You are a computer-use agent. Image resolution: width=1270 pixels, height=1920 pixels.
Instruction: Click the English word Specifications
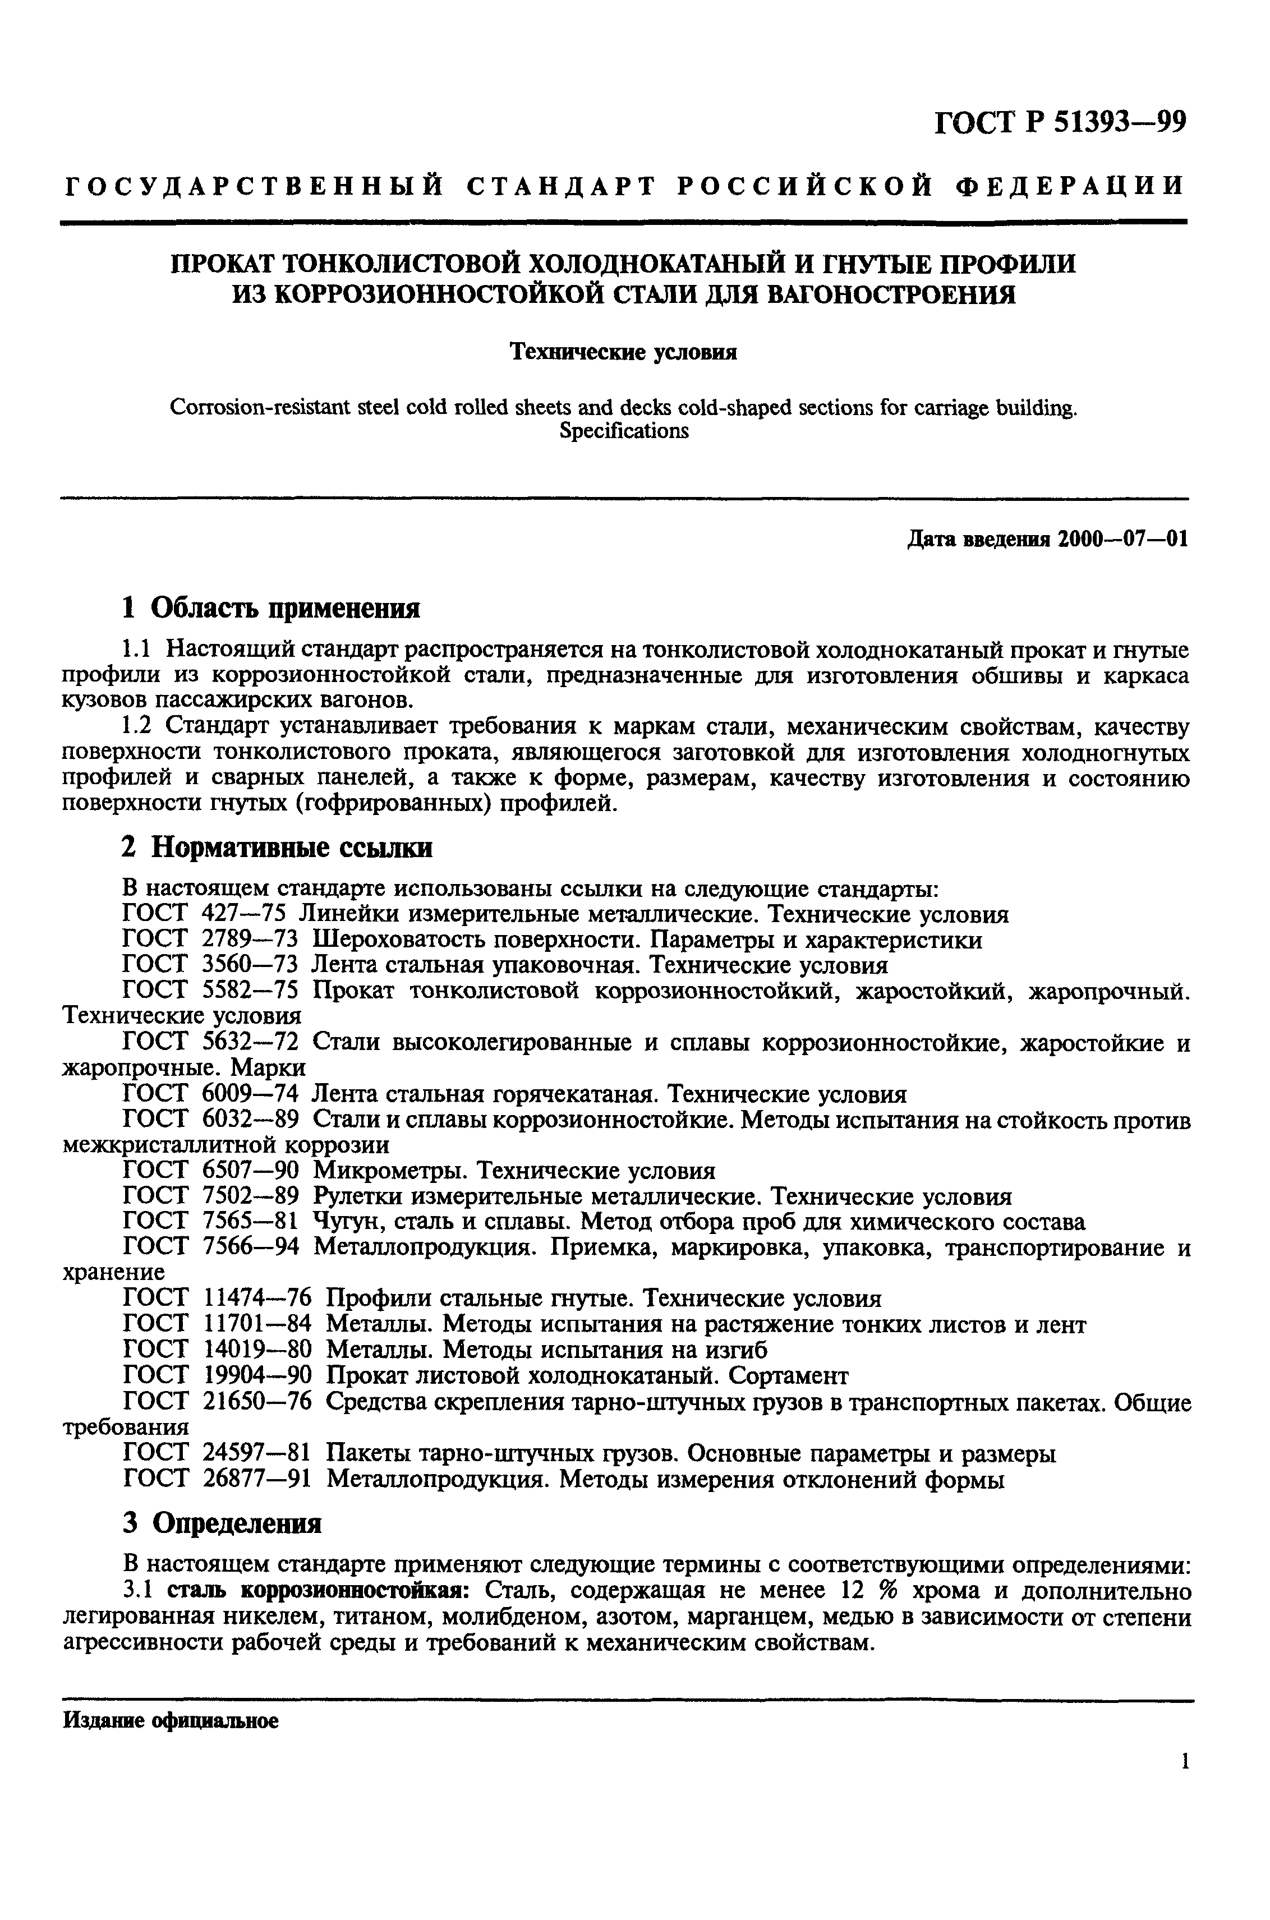point(624,431)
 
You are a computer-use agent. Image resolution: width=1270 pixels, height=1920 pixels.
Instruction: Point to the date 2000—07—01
point(1122,540)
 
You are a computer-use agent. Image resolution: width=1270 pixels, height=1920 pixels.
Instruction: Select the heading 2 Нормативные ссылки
point(276,848)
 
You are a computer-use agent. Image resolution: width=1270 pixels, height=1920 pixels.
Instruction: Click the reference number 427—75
point(243,915)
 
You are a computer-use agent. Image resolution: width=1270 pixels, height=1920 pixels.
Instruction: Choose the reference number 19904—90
point(256,1376)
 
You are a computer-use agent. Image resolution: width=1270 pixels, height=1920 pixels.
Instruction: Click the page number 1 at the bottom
point(1184,1784)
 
